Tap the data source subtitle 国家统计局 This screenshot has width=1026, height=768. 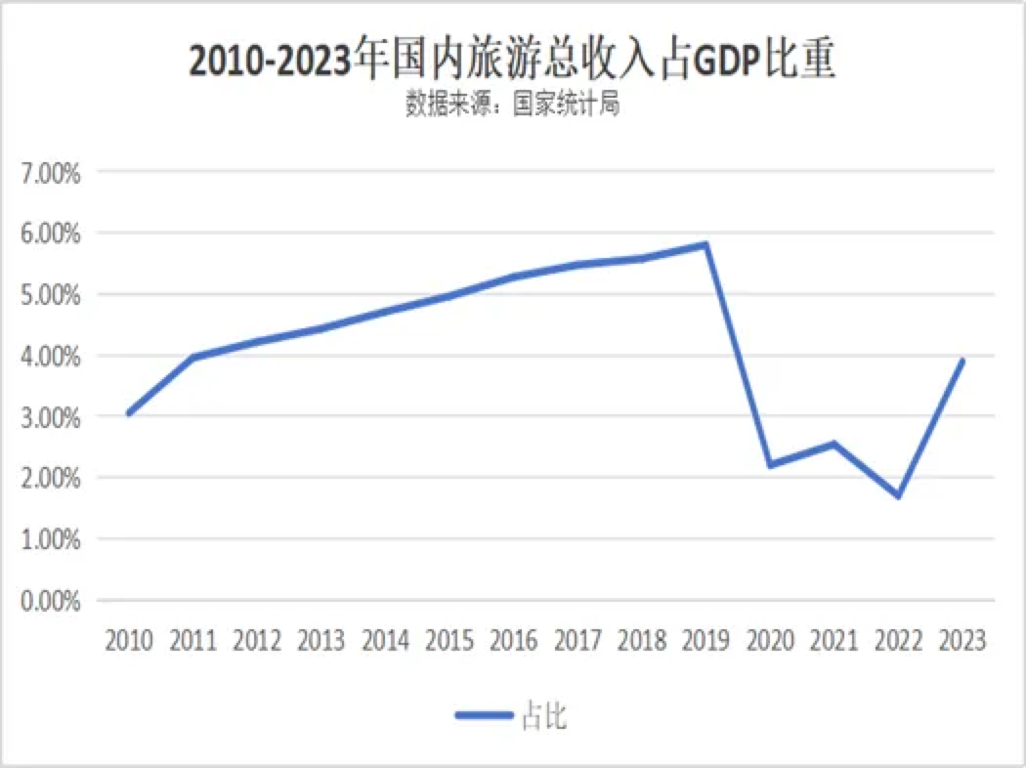512,105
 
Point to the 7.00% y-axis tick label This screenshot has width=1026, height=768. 50,172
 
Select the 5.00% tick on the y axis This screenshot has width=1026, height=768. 50,294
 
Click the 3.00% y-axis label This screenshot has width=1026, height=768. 50,417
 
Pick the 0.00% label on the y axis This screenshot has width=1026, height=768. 50,601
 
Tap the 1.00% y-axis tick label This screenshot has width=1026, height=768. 50,539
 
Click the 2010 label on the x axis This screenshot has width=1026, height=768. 129,641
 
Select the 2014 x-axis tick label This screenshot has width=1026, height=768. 385,641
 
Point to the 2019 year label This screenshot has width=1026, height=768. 705,641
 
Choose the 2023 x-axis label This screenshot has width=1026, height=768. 962,641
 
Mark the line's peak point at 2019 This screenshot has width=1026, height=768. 705,244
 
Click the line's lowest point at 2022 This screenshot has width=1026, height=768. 898,496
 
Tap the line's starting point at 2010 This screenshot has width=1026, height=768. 129,413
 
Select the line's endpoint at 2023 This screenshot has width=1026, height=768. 962,361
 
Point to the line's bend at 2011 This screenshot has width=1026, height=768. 193,358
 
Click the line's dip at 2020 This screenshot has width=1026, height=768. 770,465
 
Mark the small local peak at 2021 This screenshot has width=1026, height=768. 834,444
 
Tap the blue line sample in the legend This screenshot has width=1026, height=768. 484,716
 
